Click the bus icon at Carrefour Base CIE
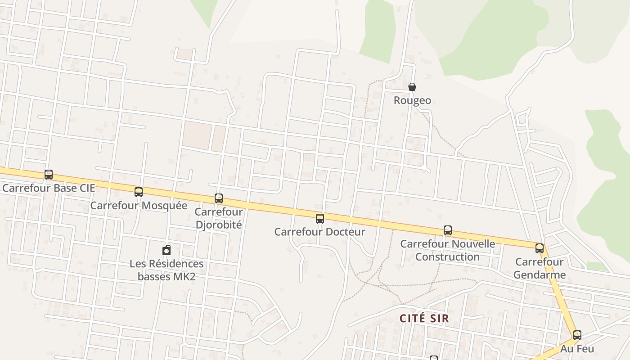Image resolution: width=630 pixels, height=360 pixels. pyautogui.click(x=49, y=175)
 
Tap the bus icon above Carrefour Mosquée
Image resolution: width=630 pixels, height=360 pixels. pyautogui.click(x=139, y=192)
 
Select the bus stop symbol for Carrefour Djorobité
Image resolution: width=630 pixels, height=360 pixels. pyautogui.click(x=219, y=198)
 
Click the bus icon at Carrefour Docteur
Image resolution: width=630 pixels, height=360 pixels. pyautogui.click(x=320, y=219)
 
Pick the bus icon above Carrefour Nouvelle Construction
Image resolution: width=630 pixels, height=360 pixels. pyautogui.click(x=448, y=230)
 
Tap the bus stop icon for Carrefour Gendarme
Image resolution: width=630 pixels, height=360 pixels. pyautogui.click(x=540, y=248)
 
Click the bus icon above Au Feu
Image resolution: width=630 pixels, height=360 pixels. pyautogui.click(x=577, y=335)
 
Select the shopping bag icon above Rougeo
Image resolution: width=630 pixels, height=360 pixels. pyautogui.click(x=412, y=87)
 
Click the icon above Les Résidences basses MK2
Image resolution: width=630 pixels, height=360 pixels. pyautogui.click(x=166, y=250)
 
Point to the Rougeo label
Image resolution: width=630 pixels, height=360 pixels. pyautogui.click(x=412, y=100)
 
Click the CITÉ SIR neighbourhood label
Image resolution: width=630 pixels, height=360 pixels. pyautogui.click(x=424, y=318)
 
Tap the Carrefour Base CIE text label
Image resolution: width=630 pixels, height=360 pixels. pyautogui.click(x=49, y=188)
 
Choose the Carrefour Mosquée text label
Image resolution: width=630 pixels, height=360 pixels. pyautogui.click(x=139, y=205)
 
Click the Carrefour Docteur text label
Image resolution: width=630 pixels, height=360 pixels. pyautogui.click(x=319, y=232)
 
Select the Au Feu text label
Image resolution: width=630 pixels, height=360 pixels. pyautogui.click(x=577, y=348)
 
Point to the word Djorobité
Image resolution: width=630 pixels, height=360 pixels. pyautogui.click(x=219, y=224)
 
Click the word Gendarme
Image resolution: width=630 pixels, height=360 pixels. pyautogui.click(x=540, y=274)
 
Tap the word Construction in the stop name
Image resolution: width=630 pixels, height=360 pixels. pyautogui.click(x=447, y=256)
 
